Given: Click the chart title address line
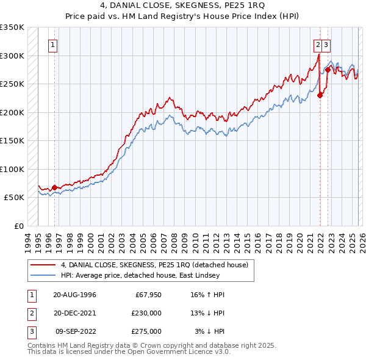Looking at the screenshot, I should [182, 7].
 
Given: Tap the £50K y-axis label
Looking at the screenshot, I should [14, 198].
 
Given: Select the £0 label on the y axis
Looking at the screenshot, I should [19, 226].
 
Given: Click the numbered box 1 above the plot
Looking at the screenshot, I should [53, 45].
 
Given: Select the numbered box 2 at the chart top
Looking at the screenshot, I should [318, 45].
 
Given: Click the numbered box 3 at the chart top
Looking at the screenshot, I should [328, 45].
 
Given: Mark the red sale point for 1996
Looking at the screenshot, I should [54, 187].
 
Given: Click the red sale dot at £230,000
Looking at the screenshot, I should [320, 95].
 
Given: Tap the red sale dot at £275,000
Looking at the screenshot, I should [328, 69].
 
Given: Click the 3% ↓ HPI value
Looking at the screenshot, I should [210, 331].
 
